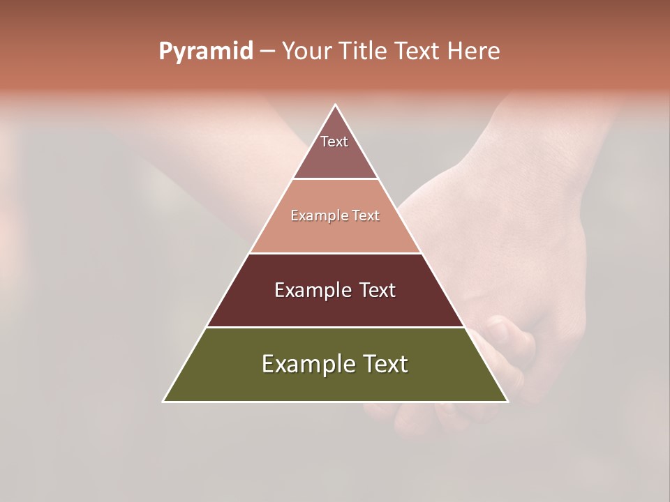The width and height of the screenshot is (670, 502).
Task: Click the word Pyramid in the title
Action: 206,52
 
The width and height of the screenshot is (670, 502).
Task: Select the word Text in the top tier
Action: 334,142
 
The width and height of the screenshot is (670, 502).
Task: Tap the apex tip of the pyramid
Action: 336,105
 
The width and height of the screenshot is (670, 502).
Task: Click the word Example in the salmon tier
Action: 316,216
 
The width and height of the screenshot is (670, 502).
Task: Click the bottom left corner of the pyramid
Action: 164,401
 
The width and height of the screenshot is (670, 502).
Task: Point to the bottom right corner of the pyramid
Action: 507,401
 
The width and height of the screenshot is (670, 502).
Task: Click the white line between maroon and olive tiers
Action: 335,327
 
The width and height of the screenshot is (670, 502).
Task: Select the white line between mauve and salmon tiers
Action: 335,179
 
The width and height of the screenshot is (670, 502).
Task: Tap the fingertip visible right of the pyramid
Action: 498,328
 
